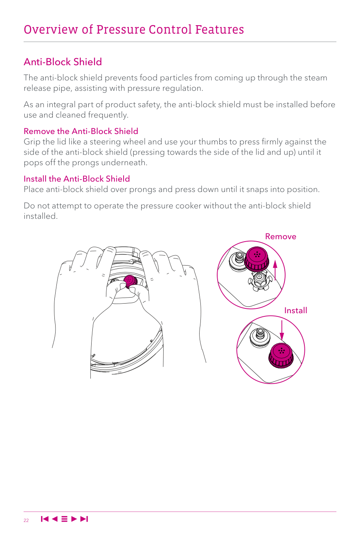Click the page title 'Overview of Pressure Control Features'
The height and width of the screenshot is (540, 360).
pos(134,30)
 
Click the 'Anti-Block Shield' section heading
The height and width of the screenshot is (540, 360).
pos(63,62)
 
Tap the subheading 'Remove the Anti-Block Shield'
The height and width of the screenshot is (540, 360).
pos(81,131)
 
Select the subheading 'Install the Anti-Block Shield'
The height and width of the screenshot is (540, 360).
pos(77,179)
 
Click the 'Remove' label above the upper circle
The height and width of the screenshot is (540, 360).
pos(281,236)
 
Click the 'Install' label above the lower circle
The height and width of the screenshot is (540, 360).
pos(296,310)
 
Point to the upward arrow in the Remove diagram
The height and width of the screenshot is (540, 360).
pos(275,270)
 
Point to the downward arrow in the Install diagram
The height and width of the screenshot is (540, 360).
pos(282,330)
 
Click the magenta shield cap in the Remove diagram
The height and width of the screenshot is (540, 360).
pos(256,258)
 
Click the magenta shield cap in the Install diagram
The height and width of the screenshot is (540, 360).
pos(281,355)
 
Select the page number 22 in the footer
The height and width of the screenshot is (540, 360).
pos(26,520)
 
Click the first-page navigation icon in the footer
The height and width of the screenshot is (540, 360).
pos(45,519)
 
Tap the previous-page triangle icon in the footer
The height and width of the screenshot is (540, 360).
pos(55,519)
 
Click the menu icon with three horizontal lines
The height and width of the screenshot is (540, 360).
pos(64,519)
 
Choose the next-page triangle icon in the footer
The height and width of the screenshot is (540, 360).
pos(74,519)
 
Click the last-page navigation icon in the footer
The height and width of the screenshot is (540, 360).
pos(84,519)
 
